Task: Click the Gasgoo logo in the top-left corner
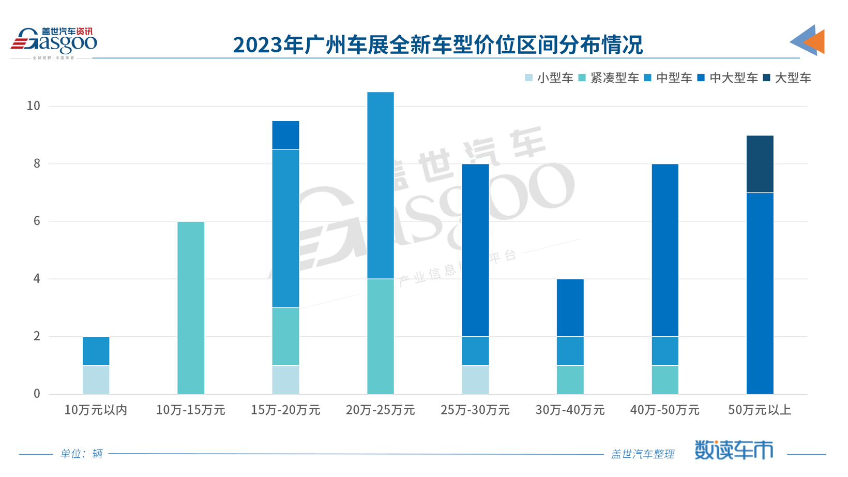(x=54, y=41)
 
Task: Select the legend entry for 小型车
(x=549, y=78)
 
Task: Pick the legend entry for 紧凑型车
(x=609, y=78)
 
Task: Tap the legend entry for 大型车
(x=787, y=78)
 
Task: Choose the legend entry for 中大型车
(x=728, y=78)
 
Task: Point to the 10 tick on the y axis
(x=33, y=106)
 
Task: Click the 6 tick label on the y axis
(x=37, y=221)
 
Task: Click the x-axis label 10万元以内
(x=96, y=410)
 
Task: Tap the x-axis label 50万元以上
(x=760, y=410)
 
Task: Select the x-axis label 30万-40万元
(x=570, y=410)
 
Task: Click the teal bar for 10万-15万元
(x=191, y=308)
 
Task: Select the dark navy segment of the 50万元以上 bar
(x=760, y=164)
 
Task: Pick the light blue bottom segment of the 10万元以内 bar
(x=96, y=380)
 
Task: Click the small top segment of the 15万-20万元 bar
(x=285, y=135)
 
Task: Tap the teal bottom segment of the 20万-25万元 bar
(x=380, y=336)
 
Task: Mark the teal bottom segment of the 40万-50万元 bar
(x=665, y=380)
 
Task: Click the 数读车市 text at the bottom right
(x=733, y=450)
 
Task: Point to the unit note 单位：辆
(x=81, y=454)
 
